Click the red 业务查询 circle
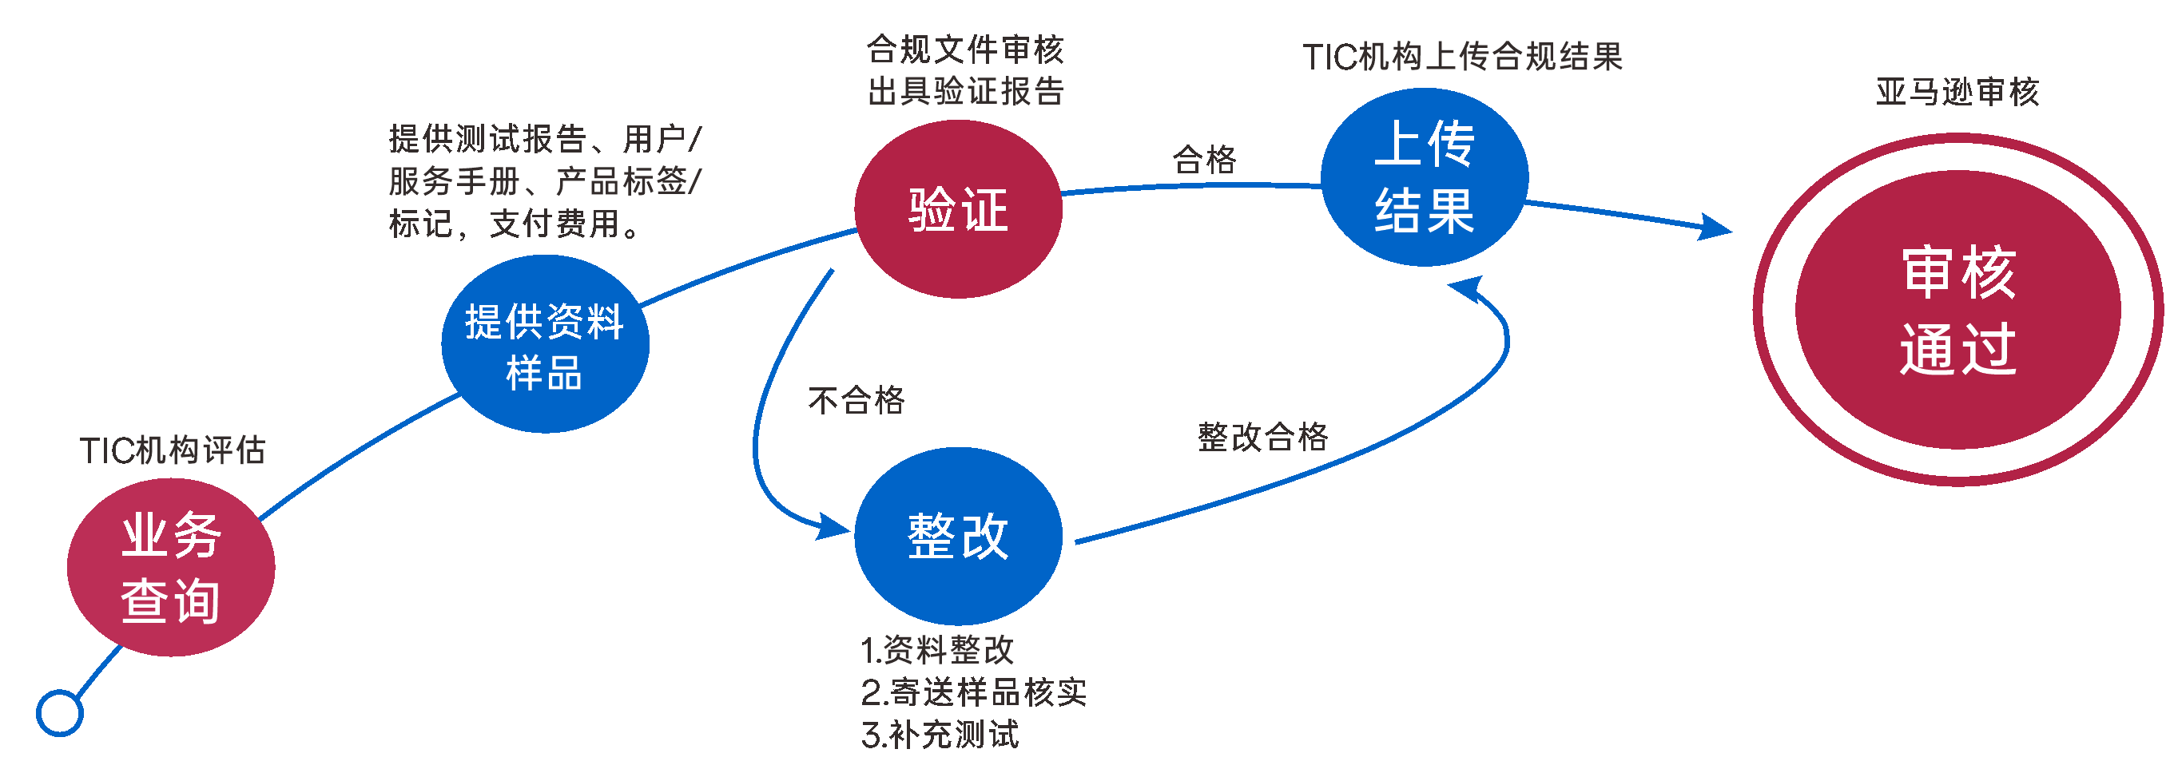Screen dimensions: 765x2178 tap(171, 567)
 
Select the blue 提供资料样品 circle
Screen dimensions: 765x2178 tap(546, 344)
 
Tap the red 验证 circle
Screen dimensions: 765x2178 tap(958, 208)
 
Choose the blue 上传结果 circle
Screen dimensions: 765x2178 tap(1425, 176)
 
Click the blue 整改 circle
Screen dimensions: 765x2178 tap(958, 536)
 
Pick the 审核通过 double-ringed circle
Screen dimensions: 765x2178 tap(1957, 309)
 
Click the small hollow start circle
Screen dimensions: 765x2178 tap(60, 712)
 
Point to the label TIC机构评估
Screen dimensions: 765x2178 tap(173, 450)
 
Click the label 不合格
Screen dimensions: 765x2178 tap(856, 400)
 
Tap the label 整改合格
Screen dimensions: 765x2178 tap(1263, 437)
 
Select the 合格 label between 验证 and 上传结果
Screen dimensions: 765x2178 tap(1204, 159)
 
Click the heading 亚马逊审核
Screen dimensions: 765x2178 tap(1957, 91)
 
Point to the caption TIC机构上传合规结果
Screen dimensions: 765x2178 tap(1463, 57)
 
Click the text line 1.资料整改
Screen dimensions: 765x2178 tap(937, 650)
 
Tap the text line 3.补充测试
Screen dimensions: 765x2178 tap(940, 735)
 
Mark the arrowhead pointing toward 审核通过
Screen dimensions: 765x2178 tap(1715, 228)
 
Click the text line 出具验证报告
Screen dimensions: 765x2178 tap(965, 91)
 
